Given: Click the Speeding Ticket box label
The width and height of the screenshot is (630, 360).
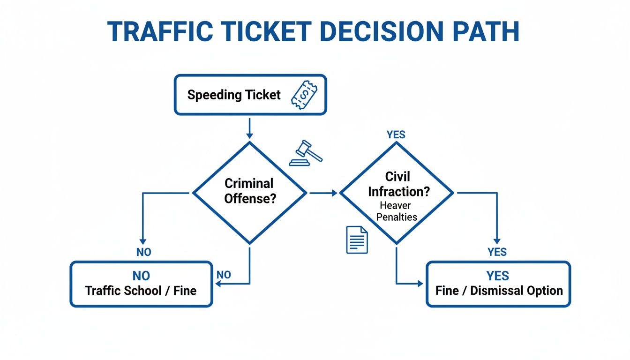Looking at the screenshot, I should click(x=234, y=95).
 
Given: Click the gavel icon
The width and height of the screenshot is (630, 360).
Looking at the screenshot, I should click(x=305, y=153).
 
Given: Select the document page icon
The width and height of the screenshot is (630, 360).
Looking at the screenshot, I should click(x=357, y=240).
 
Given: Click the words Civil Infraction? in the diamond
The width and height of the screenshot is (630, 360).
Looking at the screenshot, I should click(x=397, y=184).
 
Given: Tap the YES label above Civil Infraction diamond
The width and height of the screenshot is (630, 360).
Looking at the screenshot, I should click(x=396, y=135).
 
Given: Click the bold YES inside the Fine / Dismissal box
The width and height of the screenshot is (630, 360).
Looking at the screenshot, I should click(x=497, y=276).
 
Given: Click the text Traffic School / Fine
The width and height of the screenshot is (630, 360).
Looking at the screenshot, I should click(x=141, y=291).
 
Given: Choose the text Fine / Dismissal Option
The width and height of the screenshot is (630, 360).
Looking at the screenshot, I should click(x=499, y=291).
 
